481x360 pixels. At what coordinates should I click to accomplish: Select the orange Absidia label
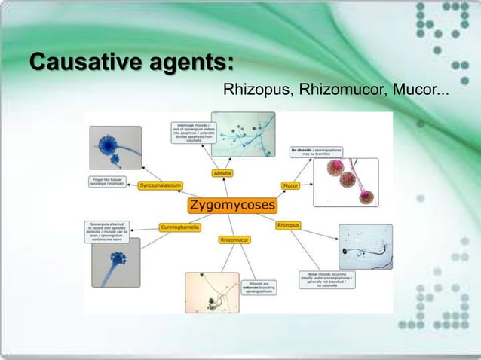(x=222, y=173)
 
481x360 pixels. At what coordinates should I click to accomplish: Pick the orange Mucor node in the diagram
(x=290, y=185)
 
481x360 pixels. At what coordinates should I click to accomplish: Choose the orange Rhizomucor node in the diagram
(x=235, y=239)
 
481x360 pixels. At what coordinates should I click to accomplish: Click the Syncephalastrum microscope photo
(x=115, y=148)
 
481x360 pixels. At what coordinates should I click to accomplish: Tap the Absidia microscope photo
(x=243, y=134)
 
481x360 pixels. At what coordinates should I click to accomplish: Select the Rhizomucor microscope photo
(x=212, y=292)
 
